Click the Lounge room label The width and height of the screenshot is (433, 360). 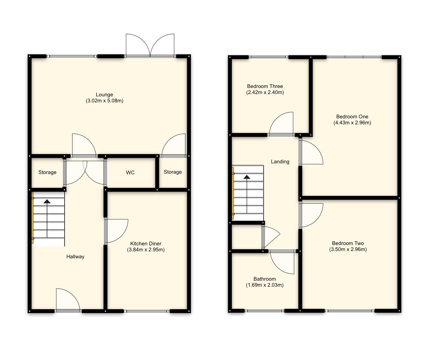[x=104, y=95]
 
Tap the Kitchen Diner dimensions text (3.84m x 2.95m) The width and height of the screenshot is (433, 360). [x=146, y=250]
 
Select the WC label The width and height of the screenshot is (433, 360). [x=130, y=172]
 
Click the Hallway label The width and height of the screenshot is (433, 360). [x=75, y=257]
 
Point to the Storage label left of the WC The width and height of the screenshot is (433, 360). [x=47, y=172]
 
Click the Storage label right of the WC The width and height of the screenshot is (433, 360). [x=173, y=172]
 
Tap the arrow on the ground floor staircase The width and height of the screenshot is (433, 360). [x=47, y=201]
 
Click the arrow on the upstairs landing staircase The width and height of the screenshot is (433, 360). [x=247, y=177]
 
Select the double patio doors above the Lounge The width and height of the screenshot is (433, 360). [x=150, y=46]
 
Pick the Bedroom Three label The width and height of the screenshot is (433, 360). [x=265, y=86]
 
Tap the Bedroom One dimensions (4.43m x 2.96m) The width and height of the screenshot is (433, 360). [x=352, y=123]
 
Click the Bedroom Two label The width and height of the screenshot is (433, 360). [x=348, y=243]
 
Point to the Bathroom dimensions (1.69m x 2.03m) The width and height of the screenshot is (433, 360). [x=264, y=285]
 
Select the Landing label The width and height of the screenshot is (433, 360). [x=280, y=162]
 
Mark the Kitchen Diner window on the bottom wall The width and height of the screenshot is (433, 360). [x=147, y=311]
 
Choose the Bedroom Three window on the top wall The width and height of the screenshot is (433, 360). [x=268, y=57]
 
